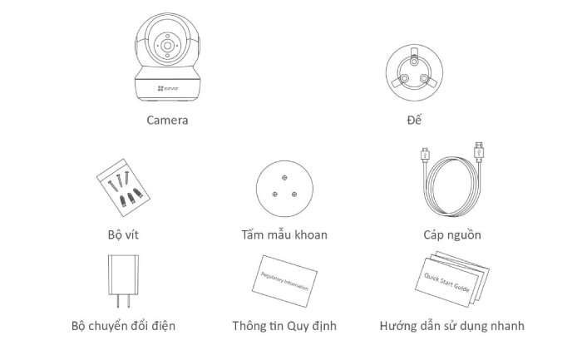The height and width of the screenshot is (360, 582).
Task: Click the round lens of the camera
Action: (168, 48)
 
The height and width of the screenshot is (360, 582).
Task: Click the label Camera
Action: (167, 121)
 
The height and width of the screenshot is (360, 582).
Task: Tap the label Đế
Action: (413, 121)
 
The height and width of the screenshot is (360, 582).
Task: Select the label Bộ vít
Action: (119, 234)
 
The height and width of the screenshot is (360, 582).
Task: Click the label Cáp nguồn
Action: (451, 234)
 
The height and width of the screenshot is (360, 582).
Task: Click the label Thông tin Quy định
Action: (284, 325)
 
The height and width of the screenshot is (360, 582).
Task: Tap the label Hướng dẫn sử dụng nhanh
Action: (451, 325)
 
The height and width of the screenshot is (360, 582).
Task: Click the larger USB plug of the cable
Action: (480, 153)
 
